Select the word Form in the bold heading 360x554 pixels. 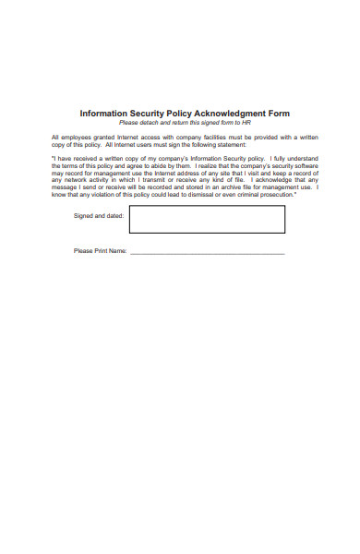(277, 114)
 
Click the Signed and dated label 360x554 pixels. (98, 216)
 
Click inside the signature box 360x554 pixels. (207, 219)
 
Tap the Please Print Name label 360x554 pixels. (99, 251)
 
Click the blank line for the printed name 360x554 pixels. (207, 253)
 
